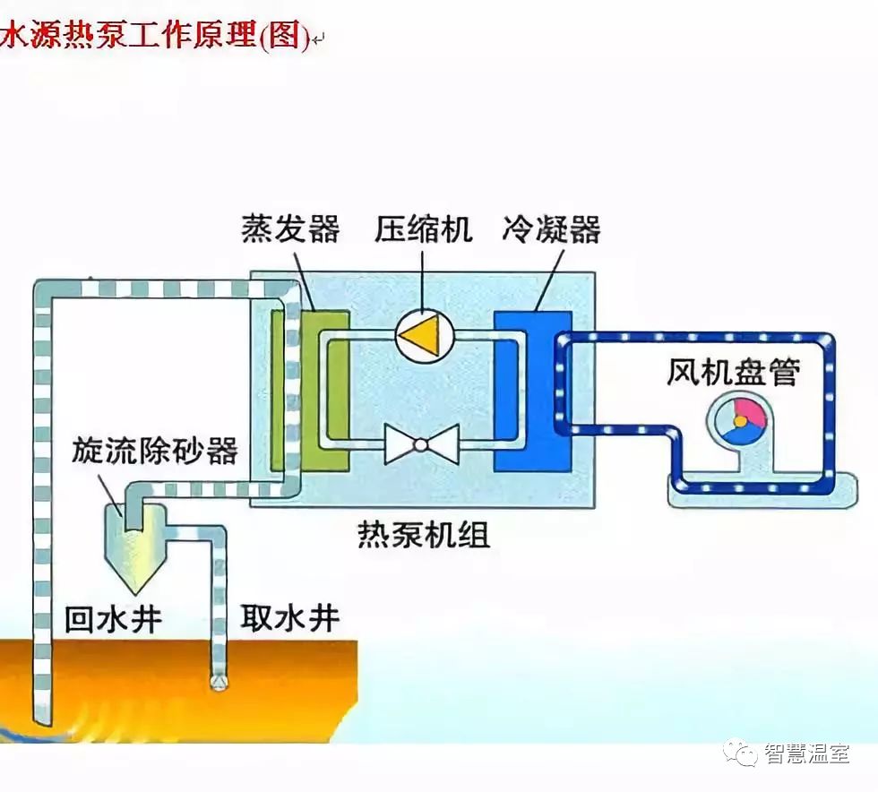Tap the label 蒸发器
290,229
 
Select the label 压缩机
423,229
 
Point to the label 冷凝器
552,229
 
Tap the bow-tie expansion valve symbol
422,443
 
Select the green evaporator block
324,391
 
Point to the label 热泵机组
423,536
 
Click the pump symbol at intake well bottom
219,681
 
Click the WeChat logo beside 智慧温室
742,753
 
